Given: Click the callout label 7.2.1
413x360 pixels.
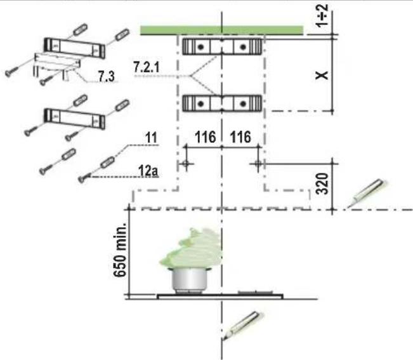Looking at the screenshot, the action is (147, 67).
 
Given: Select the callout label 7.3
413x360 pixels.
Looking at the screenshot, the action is (107, 76).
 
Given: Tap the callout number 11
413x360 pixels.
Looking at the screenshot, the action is (151, 138).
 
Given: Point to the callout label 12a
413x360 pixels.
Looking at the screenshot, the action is (148, 171).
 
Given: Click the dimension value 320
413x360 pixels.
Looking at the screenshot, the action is (323, 183).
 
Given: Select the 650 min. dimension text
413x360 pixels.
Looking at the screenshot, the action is (120, 250).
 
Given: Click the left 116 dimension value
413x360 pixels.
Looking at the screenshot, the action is (205, 137).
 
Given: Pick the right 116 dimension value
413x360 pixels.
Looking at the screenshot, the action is (240, 137).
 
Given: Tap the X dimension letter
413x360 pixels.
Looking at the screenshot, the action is (322, 76).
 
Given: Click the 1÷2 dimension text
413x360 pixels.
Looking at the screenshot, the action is (322, 16).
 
